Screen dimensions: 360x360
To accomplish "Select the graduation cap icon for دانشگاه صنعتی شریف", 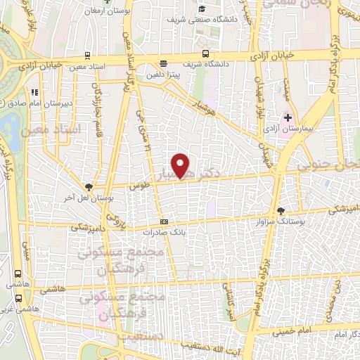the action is [202, 9].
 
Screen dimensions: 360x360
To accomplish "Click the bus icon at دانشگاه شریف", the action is [205, 53].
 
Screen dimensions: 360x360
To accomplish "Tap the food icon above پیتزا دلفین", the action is [163, 63].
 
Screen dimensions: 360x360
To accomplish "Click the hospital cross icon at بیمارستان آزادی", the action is [288, 116].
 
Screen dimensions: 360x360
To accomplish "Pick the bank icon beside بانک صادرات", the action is [164, 221].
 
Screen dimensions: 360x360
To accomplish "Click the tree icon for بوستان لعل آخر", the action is [89, 186].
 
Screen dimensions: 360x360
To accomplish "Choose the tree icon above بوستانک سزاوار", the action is [282, 210].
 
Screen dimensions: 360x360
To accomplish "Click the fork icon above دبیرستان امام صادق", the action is [34, 91].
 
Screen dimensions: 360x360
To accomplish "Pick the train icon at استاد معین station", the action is [86, 56].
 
